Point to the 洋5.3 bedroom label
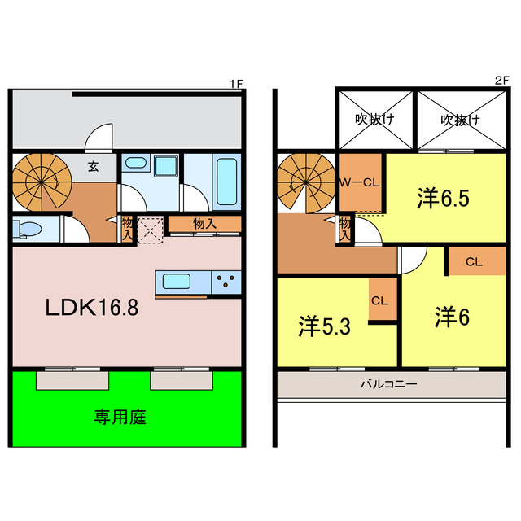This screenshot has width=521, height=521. click(325, 327)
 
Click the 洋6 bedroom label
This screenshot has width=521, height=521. click(452, 317)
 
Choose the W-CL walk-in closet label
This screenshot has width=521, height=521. click(360, 182)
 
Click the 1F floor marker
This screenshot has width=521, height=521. click(235, 83)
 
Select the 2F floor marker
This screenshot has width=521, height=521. click(501, 81)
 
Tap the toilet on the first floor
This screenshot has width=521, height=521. click(26, 228)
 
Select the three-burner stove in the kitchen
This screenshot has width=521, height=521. click(227, 282)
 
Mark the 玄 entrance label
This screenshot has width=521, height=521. click(93, 167)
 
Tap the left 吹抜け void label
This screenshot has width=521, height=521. click(374, 120)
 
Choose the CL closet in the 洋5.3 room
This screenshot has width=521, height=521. click(379, 300)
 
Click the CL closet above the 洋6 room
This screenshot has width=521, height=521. click(475, 262)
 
